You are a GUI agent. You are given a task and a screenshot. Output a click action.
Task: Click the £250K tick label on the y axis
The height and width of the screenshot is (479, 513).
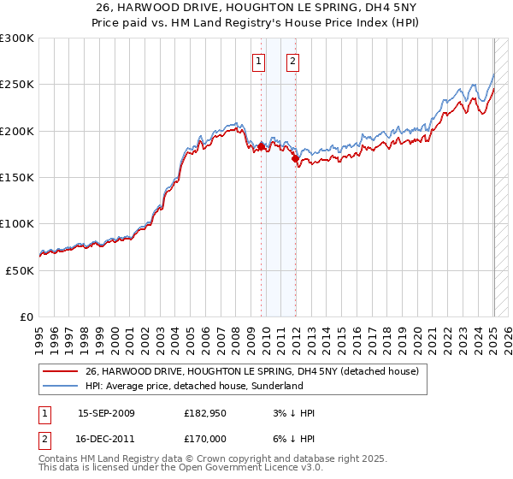point(17,85)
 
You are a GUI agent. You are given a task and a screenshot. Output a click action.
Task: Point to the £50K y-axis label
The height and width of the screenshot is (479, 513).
point(20,270)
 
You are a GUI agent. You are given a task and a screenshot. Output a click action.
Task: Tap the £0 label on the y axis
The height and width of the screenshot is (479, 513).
point(27,316)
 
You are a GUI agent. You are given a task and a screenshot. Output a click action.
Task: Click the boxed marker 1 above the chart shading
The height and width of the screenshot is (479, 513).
point(258,61)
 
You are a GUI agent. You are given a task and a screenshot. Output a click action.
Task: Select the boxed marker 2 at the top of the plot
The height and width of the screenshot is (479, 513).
point(292,61)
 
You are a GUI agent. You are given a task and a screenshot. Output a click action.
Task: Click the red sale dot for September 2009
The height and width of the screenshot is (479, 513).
point(261,146)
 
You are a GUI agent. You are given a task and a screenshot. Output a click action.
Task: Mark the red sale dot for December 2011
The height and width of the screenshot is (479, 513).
point(295,158)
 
